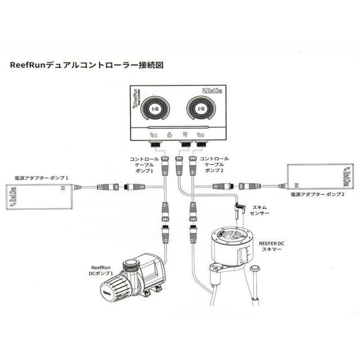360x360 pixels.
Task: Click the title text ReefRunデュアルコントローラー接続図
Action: point(87,65)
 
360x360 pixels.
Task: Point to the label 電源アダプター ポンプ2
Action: point(317,194)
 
